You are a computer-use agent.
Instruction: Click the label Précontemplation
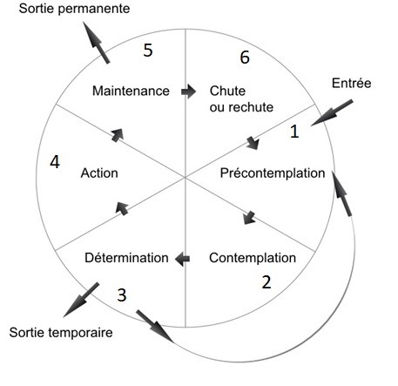click(273, 173)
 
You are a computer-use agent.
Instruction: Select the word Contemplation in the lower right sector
click(253, 258)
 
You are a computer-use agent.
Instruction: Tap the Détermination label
click(126, 258)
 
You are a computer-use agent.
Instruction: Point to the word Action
click(99, 173)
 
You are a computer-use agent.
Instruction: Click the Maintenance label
click(131, 91)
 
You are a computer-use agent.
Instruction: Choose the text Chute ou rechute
click(241, 99)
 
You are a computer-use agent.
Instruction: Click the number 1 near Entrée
click(294, 132)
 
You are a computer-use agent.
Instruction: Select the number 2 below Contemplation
click(266, 282)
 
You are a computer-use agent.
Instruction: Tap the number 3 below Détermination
click(122, 295)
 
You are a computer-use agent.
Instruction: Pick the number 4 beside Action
click(55, 162)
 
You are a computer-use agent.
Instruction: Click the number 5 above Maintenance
click(148, 50)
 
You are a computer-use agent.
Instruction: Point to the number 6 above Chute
click(245, 57)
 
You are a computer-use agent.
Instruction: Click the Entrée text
click(351, 84)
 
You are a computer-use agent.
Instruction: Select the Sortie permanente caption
click(74, 9)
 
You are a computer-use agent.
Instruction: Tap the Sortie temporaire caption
click(61, 333)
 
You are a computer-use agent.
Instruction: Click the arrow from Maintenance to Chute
click(189, 91)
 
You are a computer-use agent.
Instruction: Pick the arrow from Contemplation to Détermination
click(182, 258)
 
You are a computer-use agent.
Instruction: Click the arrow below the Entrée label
click(332, 112)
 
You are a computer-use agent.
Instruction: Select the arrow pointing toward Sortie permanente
click(96, 43)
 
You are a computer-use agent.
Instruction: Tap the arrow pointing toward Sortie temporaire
click(81, 300)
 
